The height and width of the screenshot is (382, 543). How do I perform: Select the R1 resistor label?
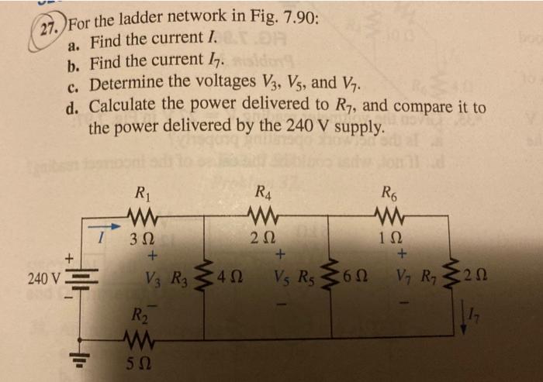[143, 191]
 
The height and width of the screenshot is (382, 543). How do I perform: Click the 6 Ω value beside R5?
[358, 277]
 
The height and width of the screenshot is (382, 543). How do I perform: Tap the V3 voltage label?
[153, 277]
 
